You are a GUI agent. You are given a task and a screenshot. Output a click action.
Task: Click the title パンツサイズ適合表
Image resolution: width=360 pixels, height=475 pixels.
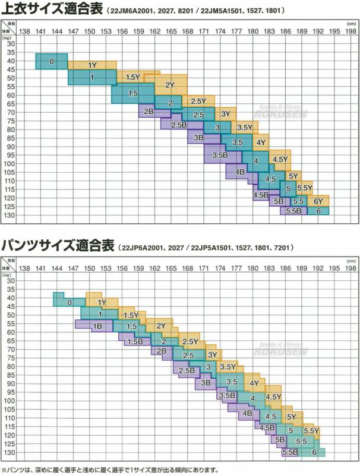click(x=59, y=245)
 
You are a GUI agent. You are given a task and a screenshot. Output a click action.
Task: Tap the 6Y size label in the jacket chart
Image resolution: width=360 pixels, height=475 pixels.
click(x=318, y=202)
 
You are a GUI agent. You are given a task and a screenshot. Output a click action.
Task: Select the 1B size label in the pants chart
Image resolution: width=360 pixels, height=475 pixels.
click(x=97, y=326)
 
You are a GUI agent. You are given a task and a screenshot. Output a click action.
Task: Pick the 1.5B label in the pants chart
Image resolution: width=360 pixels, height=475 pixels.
click(x=135, y=342)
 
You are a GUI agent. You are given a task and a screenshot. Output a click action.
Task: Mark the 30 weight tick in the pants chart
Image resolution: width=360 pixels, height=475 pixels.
click(x=11, y=280)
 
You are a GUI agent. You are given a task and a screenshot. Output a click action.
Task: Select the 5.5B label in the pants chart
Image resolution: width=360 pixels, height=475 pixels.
click(x=289, y=452)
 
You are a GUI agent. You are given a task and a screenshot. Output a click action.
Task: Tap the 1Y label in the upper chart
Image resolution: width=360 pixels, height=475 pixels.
click(x=92, y=65)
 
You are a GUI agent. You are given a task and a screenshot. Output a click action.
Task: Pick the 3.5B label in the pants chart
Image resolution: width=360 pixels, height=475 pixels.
click(x=226, y=395)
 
